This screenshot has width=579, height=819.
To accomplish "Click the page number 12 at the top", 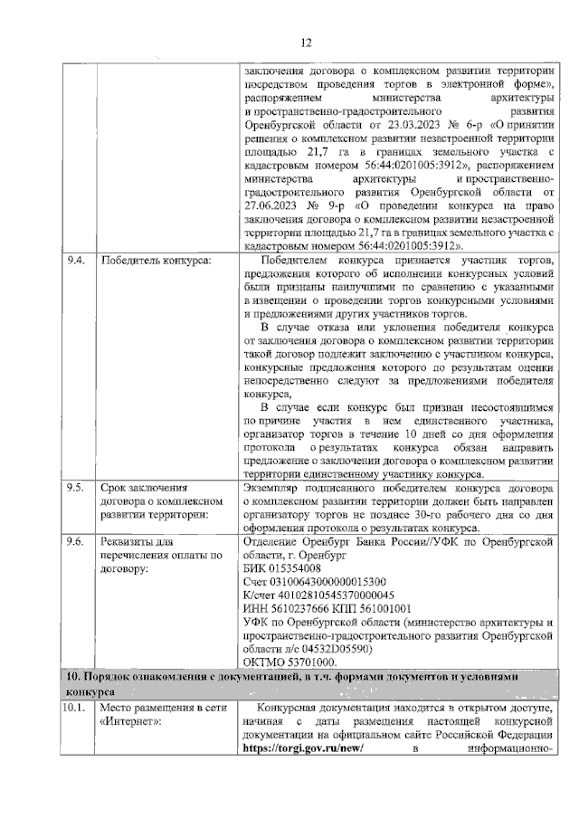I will (306, 42).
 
